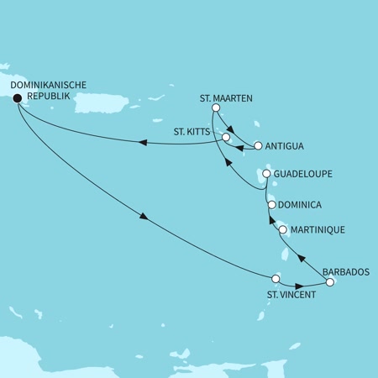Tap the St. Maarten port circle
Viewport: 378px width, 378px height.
click(x=216, y=108)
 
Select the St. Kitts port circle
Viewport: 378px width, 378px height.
click(x=225, y=136)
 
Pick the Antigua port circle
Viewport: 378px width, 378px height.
click(x=258, y=144)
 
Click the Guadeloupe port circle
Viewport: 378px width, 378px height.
click(x=266, y=174)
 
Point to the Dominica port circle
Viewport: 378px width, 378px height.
click(x=271, y=204)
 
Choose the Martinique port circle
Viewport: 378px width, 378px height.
click(x=282, y=229)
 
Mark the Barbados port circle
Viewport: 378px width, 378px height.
click(x=329, y=282)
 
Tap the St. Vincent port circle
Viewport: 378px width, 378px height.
click(x=276, y=278)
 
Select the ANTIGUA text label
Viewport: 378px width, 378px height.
click(x=285, y=145)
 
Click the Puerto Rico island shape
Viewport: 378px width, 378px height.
click(x=106, y=101)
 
